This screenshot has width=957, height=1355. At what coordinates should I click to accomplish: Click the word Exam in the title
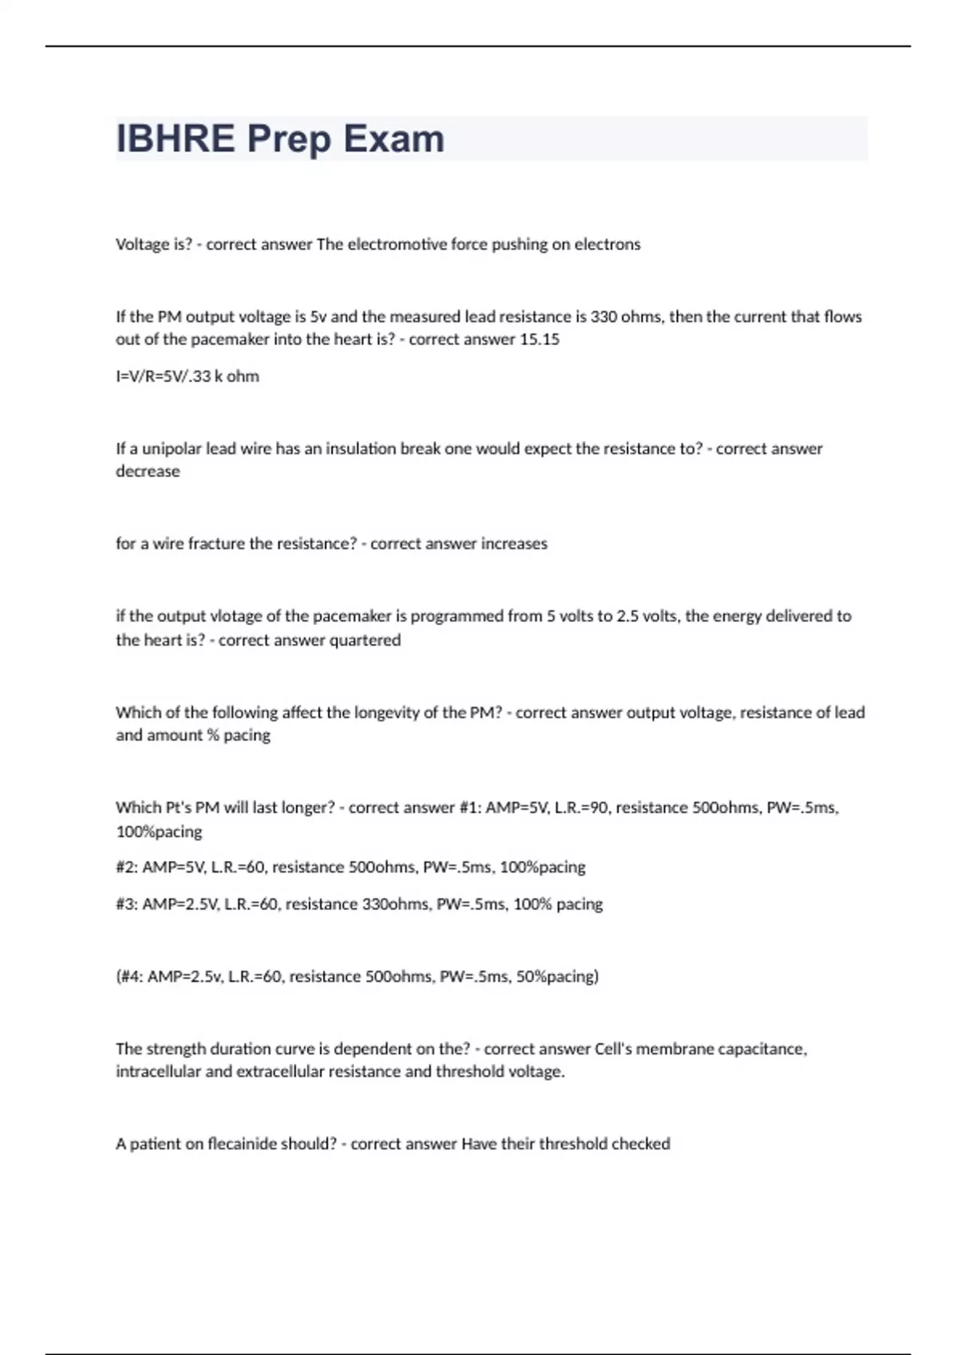394,139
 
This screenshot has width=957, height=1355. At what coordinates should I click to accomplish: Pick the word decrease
148,471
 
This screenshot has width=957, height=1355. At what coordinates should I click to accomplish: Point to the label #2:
127,867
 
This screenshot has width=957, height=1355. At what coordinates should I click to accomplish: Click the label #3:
127,905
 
